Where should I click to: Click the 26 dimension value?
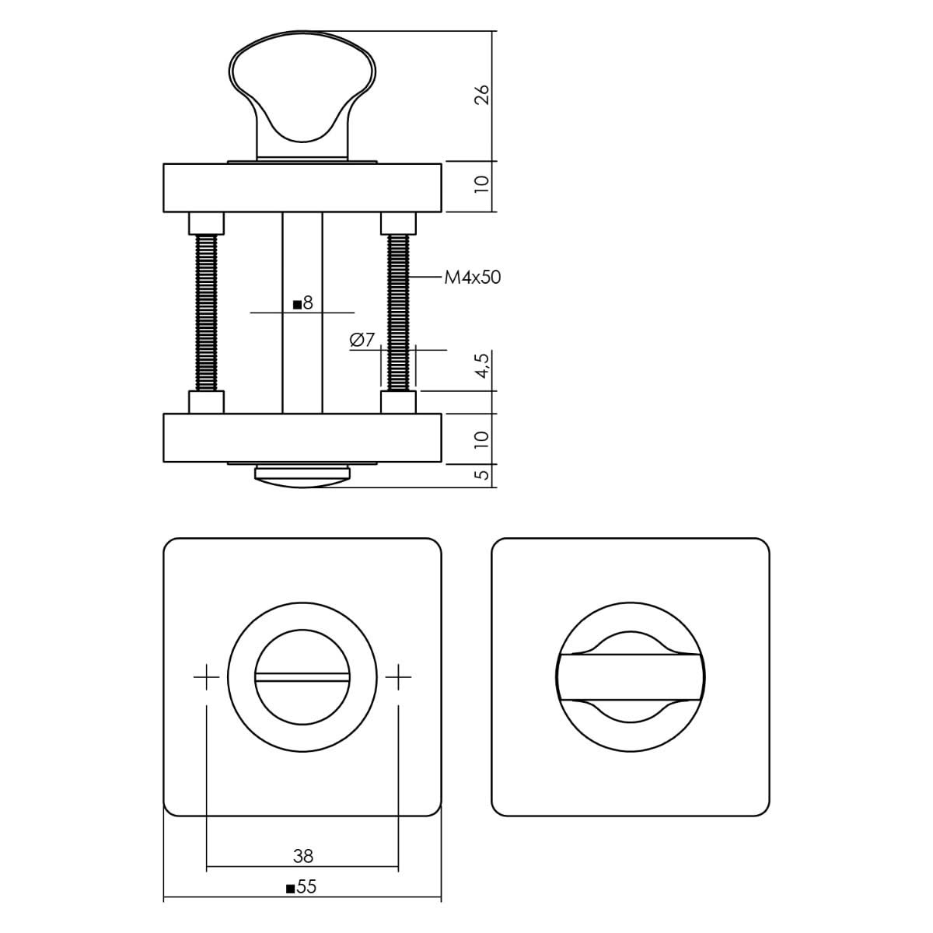tap(482, 96)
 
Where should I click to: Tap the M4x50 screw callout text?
tap(473, 278)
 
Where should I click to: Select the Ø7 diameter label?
tap(362, 341)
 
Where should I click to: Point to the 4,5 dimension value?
tap(483, 365)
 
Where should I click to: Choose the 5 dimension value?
tap(483, 474)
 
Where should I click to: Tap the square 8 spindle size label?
tap(303, 303)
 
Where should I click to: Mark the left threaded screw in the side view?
tap(206, 313)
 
